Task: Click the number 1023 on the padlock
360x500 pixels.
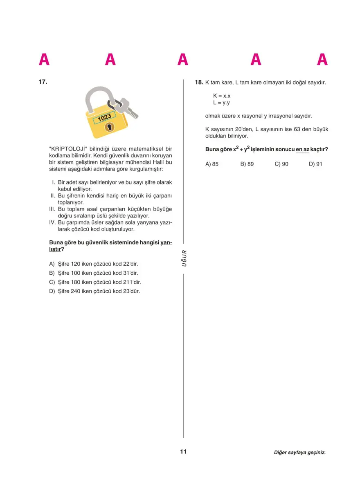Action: pyautogui.click(x=104, y=118)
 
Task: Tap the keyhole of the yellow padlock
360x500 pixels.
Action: pyautogui.click(x=109, y=128)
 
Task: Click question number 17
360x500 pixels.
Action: pyautogui.click(x=43, y=82)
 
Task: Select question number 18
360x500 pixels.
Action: pyautogui.click(x=199, y=82)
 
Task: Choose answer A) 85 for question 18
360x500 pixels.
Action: pyautogui.click(x=212, y=164)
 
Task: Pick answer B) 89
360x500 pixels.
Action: pyautogui.click(x=247, y=164)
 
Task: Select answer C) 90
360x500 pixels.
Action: pyautogui.click(x=281, y=164)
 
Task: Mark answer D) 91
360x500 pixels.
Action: pyautogui.click(x=315, y=164)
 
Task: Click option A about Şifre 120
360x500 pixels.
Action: pyautogui.click(x=96, y=264)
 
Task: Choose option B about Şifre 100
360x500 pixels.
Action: pyautogui.click(x=96, y=273)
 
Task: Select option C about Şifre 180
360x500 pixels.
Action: pyautogui.click(x=97, y=282)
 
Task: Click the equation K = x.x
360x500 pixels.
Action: pyautogui.click(x=222, y=96)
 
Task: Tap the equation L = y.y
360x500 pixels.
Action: pyautogui.click(x=221, y=103)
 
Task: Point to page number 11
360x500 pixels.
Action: pyautogui.click(x=183, y=451)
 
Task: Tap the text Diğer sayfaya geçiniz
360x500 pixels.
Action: pyautogui.click(x=299, y=453)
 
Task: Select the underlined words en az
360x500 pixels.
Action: pyautogui.click(x=302, y=150)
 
